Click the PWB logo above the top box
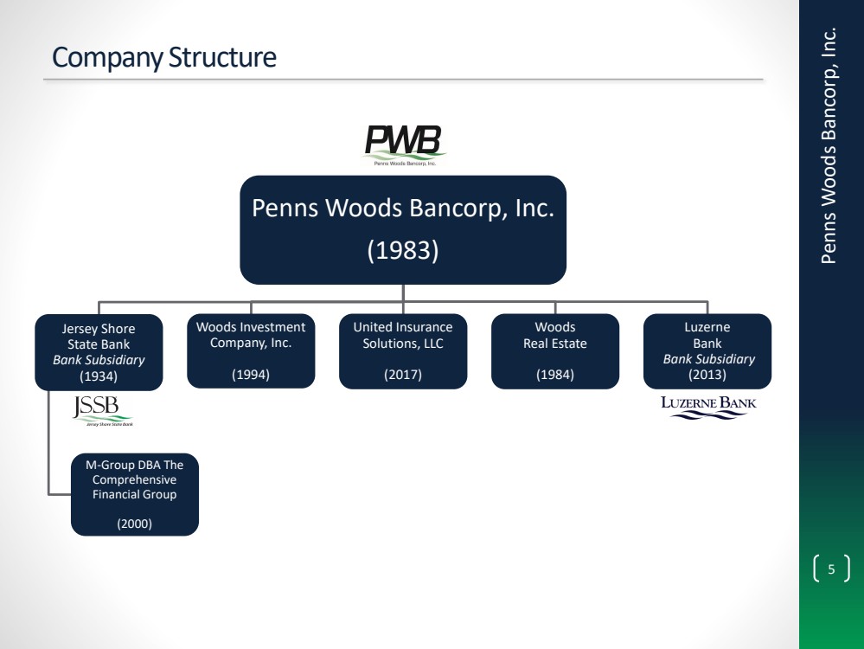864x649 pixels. [404, 144]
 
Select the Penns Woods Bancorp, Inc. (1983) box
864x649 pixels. [403, 229]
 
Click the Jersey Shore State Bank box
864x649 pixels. [99, 352]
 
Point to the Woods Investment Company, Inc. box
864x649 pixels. [251, 350]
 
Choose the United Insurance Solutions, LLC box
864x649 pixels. [403, 350]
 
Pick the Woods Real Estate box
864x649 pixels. [555, 350]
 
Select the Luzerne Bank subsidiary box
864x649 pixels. [707, 350]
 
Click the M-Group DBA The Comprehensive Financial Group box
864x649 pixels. [135, 494]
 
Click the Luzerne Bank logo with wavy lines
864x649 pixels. [708, 407]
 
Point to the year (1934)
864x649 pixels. [99, 376]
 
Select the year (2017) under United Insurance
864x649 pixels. [403, 375]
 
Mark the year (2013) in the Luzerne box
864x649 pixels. [707, 375]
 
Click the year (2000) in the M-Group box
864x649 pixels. [135, 522]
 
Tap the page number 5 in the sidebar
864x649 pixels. [831, 569]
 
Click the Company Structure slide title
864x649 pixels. [164, 58]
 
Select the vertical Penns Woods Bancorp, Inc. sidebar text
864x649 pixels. [829, 145]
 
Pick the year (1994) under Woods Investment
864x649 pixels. [251, 375]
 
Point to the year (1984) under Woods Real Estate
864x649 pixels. [555, 375]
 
